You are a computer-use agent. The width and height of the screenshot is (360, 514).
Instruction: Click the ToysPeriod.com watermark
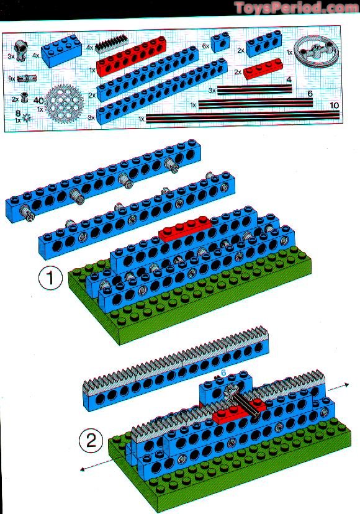tap(297, 8)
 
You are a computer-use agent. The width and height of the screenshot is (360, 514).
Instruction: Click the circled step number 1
tap(50, 278)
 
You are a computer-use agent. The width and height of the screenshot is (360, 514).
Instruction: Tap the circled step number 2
tap(91, 441)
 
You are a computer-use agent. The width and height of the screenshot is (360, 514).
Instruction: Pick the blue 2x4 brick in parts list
tap(60, 50)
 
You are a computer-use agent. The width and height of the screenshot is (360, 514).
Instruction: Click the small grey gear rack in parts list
tap(112, 43)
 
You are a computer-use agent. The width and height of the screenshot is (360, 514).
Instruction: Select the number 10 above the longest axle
tap(334, 106)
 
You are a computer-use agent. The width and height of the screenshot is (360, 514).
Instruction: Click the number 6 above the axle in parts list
tap(310, 94)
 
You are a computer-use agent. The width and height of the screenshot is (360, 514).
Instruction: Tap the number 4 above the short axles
tap(289, 79)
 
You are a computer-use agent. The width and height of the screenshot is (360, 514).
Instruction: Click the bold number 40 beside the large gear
tap(38, 101)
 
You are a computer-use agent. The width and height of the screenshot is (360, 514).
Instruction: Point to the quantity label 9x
tap(12, 79)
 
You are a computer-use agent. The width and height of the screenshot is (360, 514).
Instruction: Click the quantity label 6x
tap(205, 46)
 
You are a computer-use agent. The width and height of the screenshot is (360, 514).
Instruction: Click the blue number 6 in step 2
tap(223, 373)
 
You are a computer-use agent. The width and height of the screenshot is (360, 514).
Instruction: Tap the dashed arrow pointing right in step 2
tap(338, 387)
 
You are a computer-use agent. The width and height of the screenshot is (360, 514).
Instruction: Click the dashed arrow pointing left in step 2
tap(97, 466)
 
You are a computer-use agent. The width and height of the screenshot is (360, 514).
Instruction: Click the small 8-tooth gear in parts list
tap(27, 117)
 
